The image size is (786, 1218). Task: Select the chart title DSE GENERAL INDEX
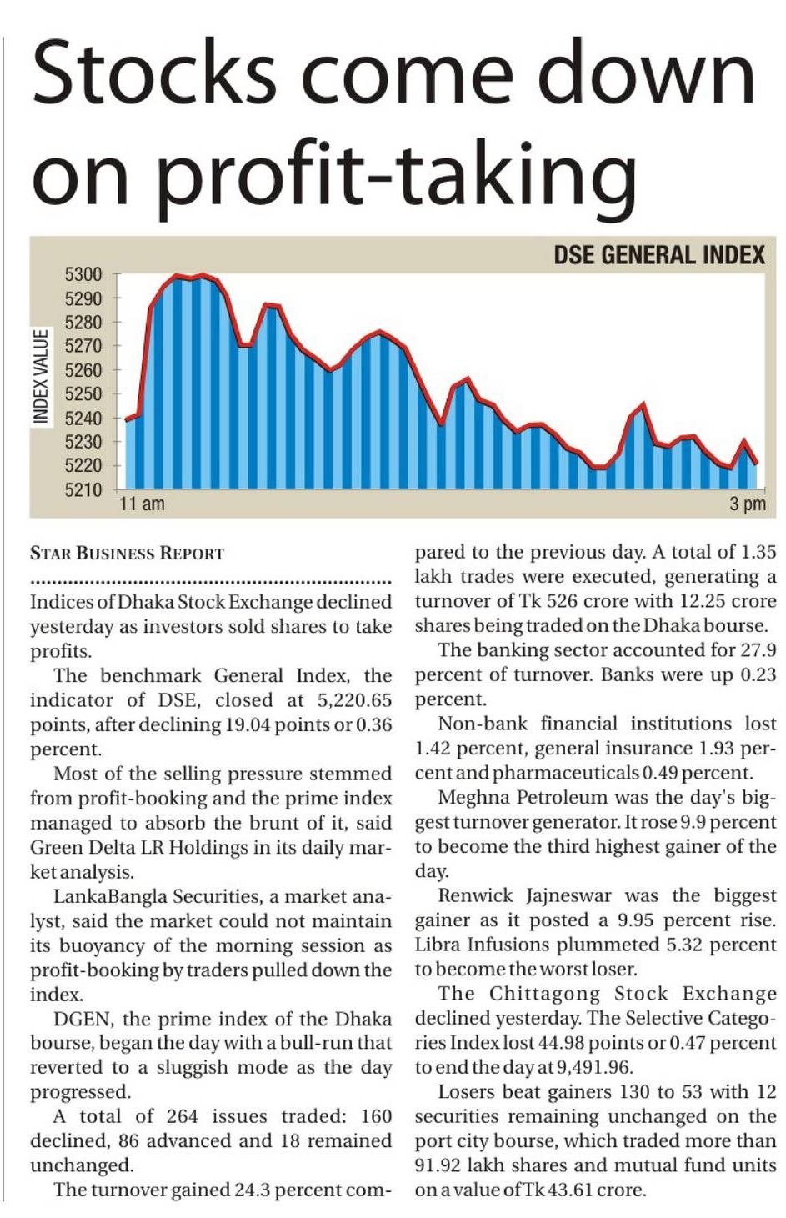[x=658, y=254]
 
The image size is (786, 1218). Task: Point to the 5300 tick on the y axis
[x=83, y=274]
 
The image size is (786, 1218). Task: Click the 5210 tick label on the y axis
[x=83, y=489]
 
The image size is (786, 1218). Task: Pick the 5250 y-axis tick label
[x=83, y=393]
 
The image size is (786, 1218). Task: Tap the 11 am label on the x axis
[x=142, y=504]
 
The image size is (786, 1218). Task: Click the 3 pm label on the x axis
[x=747, y=504]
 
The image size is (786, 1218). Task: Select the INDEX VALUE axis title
[x=41, y=376]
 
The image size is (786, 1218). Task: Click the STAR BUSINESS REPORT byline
[x=127, y=554]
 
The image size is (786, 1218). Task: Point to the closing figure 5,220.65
[x=354, y=700]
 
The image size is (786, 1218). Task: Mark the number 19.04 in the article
[x=247, y=724]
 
